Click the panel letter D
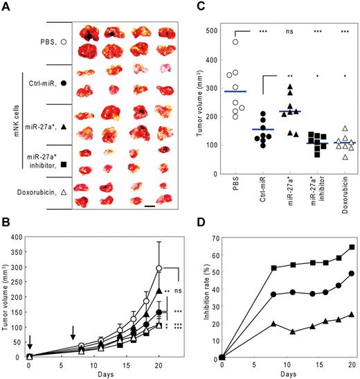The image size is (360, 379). [x=196, y=225]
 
